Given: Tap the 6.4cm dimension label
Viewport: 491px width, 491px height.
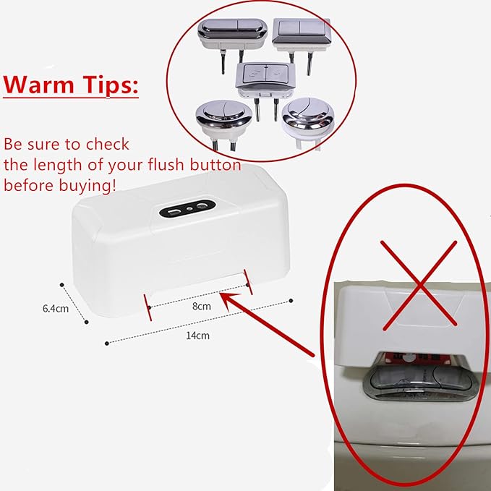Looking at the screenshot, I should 55,309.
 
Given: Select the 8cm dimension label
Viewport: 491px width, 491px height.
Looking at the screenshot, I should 202,306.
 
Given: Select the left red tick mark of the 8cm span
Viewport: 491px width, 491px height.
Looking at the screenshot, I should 147,306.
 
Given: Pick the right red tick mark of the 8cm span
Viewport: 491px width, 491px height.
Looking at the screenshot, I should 248,281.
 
